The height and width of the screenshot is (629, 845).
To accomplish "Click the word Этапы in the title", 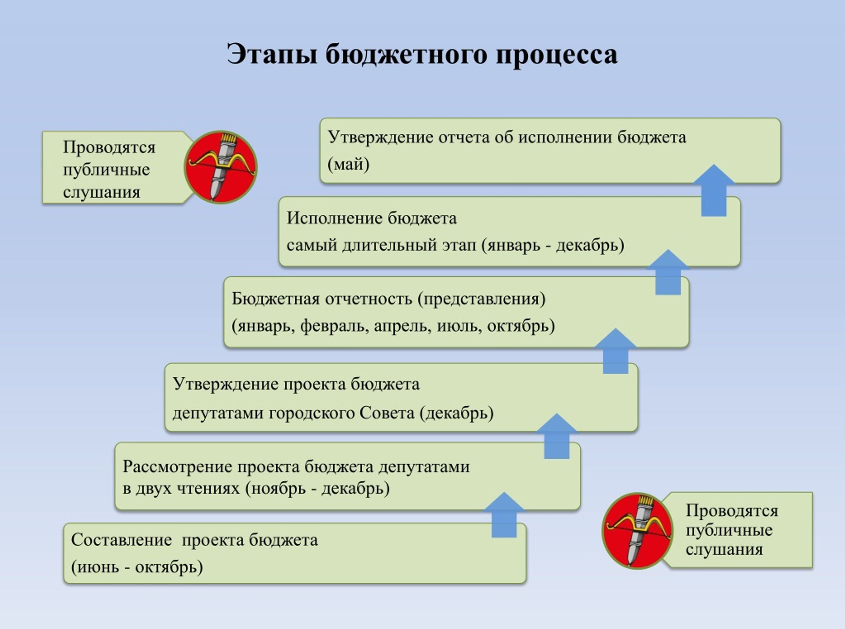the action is pos(272,54).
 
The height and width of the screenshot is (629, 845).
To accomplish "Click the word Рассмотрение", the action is pos(177,467).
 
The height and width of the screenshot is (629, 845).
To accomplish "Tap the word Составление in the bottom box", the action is pos(121,540).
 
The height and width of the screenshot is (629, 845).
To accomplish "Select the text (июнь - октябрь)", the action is pos(137,567).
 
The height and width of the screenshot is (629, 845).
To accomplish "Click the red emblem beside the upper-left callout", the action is pos(221,167).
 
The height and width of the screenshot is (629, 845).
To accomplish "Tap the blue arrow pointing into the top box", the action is pos(714,190).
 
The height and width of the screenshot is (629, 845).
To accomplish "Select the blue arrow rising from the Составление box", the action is pos(504,515).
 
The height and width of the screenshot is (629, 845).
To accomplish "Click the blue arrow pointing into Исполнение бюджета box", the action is pos(668,272).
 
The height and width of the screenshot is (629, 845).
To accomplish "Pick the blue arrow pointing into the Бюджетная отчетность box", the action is pos(615,351).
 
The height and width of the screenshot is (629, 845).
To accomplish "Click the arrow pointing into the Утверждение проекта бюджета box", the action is pos(557,436).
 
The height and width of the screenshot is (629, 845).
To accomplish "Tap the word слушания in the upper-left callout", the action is pos(102,192).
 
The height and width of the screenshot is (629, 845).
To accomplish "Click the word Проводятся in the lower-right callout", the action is pos(732,511).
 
